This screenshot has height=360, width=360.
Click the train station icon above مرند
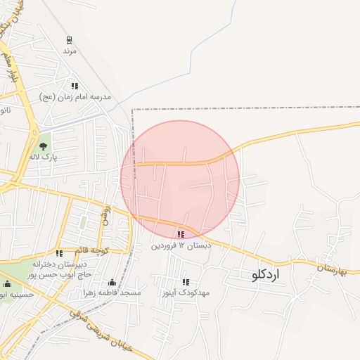[69, 40]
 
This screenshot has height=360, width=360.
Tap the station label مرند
[69, 51]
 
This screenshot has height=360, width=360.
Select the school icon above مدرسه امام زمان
[75, 86]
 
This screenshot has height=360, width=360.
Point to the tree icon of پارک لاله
[44, 146]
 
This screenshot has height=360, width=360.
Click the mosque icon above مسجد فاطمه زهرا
[112, 281]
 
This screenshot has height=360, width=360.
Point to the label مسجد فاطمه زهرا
[111, 292]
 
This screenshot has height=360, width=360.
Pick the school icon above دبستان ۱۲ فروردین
[181, 234]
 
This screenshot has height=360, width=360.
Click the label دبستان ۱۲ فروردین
[181, 245]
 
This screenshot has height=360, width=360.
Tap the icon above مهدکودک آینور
[186, 281]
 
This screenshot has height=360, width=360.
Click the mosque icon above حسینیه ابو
[8, 284]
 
